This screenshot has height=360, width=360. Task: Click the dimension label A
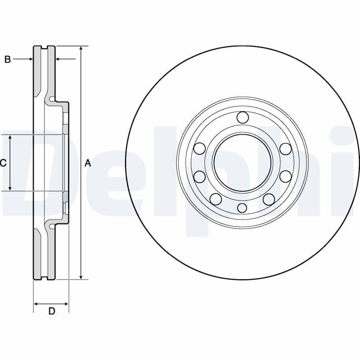tap(88, 163)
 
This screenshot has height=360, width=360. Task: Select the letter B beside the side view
tap(7, 59)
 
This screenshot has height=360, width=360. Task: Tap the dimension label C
tap(3, 163)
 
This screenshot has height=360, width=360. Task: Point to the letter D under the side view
tap(51, 311)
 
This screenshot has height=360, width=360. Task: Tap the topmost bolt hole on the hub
tap(242, 117)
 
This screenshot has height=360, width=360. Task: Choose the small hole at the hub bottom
tap(242, 207)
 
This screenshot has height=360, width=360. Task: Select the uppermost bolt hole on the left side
tap(199, 148)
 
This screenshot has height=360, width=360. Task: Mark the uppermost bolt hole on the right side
tap(285, 148)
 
